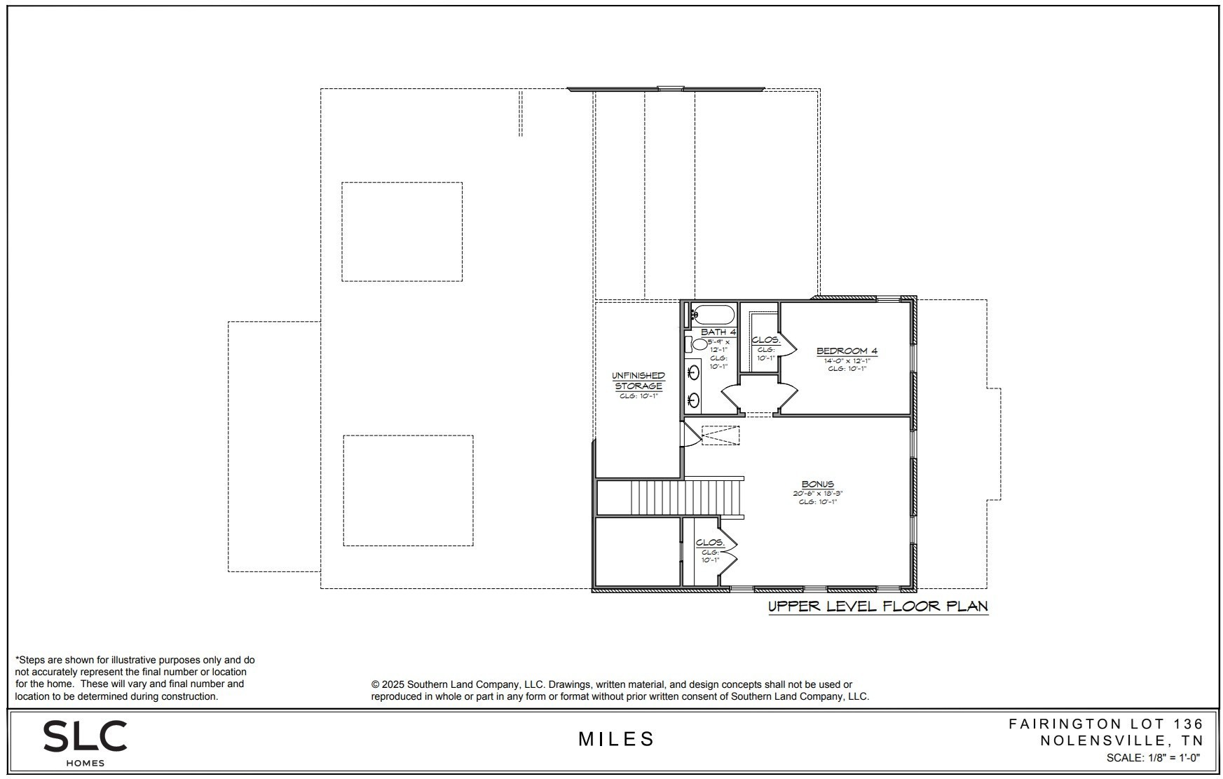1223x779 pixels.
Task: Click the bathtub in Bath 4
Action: click(x=713, y=313)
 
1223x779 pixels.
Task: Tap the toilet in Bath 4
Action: click(x=698, y=344)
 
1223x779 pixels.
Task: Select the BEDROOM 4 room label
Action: click(x=847, y=351)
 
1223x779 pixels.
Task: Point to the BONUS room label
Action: click(x=817, y=484)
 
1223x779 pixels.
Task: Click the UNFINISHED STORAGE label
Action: click(x=638, y=381)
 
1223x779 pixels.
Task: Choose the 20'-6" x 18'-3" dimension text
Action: click(x=817, y=494)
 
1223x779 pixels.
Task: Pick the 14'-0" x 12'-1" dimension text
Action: click(x=847, y=360)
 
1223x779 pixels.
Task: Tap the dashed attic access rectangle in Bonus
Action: click(x=720, y=435)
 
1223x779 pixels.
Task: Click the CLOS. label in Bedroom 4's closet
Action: click(x=765, y=340)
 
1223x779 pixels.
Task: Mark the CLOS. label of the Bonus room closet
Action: click(x=709, y=543)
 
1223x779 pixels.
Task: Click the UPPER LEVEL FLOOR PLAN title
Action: click(x=878, y=607)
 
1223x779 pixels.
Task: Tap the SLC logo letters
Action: click(x=85, y=736)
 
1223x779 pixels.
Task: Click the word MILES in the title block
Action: click(x=616, y=739)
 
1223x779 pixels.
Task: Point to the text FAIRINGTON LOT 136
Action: click(x=1105, y=724)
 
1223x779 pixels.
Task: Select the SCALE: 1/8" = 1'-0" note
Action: click(x=1153, y=758)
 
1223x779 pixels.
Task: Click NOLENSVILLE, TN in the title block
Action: click(x=1121, y=740)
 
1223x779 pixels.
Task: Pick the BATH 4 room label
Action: click(x=718, y=332)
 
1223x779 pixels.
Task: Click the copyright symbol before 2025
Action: click(x=375, y=684)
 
